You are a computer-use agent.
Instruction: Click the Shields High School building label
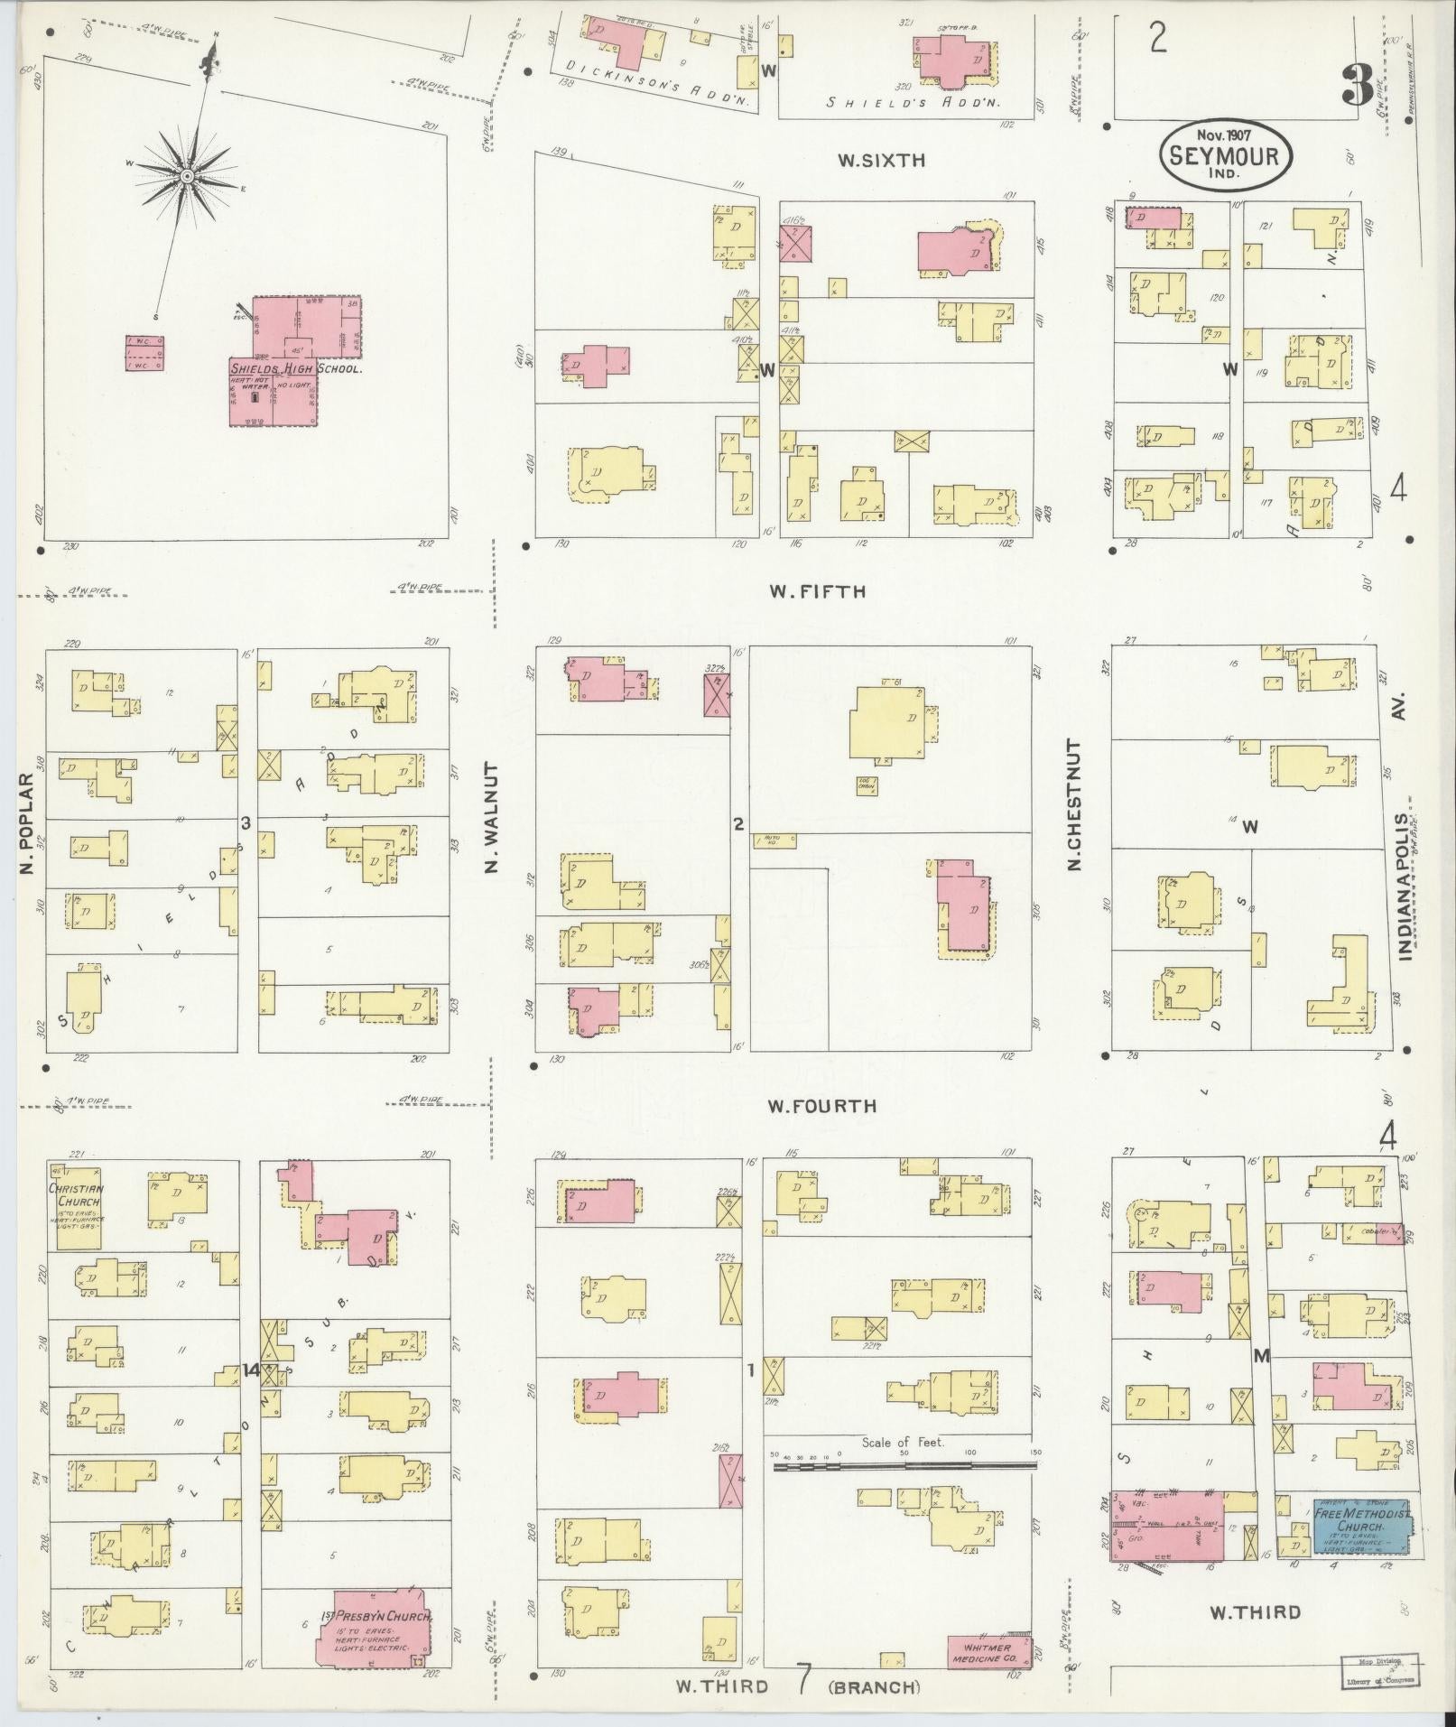coord(295,368)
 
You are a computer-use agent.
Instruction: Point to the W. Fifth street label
coord(817,591)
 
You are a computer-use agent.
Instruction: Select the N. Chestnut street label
coord(1073,805)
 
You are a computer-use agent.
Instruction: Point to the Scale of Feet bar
coord(904,1467)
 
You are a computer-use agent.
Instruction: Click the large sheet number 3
coord(1357,86)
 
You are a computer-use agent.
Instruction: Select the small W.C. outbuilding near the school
coord(144,353)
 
